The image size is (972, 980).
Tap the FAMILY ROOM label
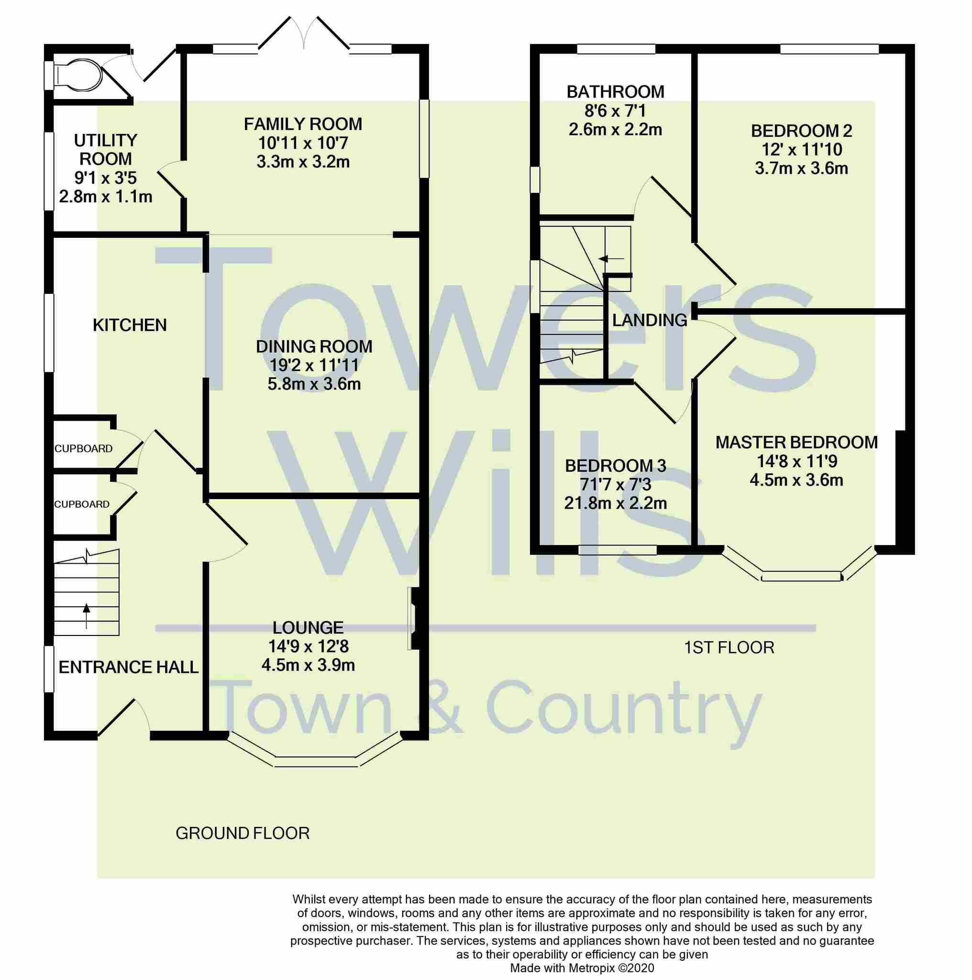(303, 124)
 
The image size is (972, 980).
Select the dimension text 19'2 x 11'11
(314, 365)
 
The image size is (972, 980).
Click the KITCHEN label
(130, 325)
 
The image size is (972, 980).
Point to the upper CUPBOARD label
(84, 449)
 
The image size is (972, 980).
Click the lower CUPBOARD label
(82, 504)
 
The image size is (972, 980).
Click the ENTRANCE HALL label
(128, 667)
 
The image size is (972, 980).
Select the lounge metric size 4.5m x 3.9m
(308, 665)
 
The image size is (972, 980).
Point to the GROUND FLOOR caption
(243, 834)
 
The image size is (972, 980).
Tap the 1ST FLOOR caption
(729, 648)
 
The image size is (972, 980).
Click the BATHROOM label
(615, 92)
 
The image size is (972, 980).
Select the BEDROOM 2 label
(801, 131)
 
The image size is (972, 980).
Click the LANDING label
(650, 320)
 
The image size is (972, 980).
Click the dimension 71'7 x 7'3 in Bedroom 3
(615, 485)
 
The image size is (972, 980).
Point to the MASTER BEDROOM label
(796, 442)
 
